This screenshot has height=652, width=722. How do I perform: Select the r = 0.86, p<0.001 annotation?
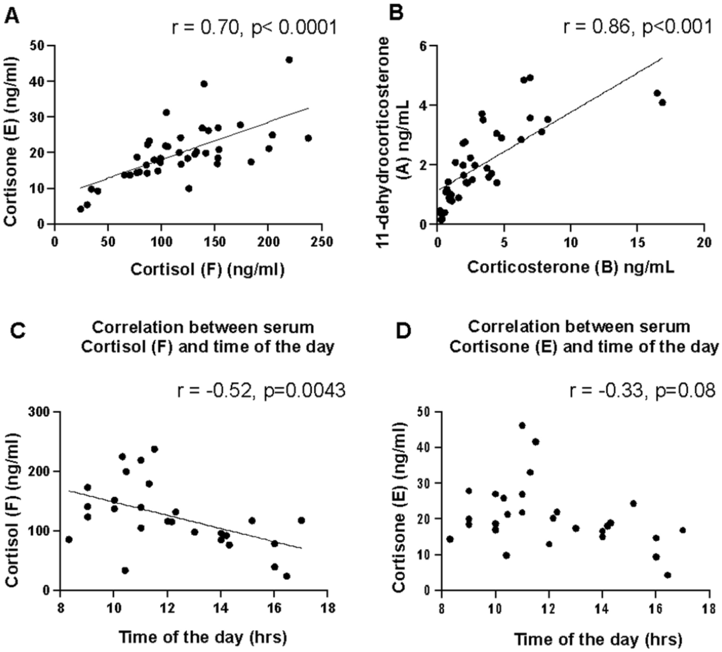[x=637, y=27]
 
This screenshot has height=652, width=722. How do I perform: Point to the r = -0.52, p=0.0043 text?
[x=261, y=391]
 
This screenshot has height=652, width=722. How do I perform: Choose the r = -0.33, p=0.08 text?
[x=642, y=391]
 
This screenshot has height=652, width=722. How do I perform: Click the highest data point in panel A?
[x=289, y=60]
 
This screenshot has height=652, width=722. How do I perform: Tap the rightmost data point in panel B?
[x=662, y=102]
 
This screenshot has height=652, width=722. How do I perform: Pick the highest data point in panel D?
[x=522, y=426]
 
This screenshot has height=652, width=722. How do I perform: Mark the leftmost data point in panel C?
[x=69, y=539]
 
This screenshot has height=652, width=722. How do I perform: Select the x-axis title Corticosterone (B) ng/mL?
[x=570, y=267]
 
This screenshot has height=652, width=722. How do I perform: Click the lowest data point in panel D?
[x=667, y=575]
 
